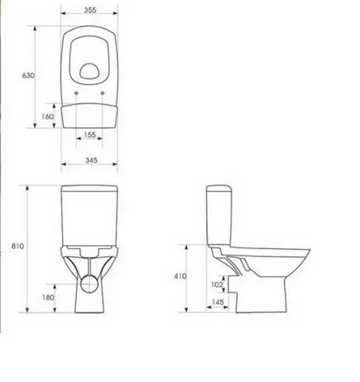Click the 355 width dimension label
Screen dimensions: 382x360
pyautogui.click(x=90, y=10)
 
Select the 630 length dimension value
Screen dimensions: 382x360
pyautogui.click(x=27, y=76)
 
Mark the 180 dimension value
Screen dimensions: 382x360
pyautogui.click(x=48, y=297)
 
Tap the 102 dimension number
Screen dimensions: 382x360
pyautogui.click(x=217, y=285)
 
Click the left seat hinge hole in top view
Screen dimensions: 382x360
pyautogui.click(x=76, y=94)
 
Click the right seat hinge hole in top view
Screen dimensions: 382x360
pyautogui.click(x=103, y=94)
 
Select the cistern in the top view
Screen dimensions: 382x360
pyautogui.click(x=90, y=115)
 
